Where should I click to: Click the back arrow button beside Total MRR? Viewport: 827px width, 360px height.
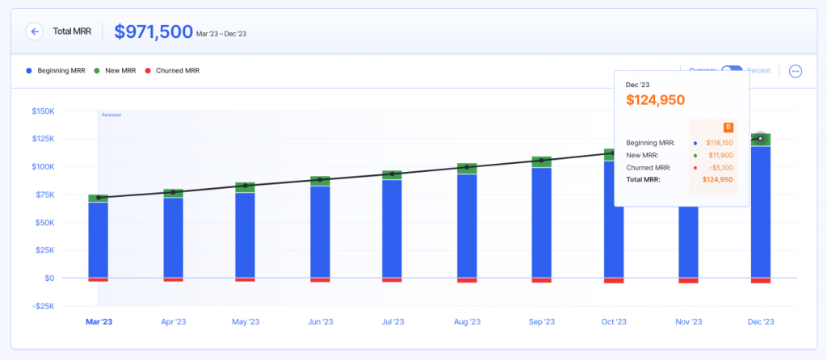(x=34, y=31)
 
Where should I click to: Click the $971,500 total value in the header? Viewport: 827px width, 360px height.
(x=153, y=31)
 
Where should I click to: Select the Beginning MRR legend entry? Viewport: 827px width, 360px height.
(x=56, y=71)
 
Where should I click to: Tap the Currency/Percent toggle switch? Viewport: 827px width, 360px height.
(x=732, y=71)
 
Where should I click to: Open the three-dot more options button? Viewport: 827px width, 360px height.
(x=796, y=71)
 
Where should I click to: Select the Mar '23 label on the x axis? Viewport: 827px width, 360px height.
(x=99, y=321)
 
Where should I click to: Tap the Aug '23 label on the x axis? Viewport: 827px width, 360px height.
(x=468, y=321)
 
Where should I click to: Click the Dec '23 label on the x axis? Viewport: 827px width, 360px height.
(x=760, y=321)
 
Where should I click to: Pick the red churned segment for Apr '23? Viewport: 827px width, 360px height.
(x=174, y=280)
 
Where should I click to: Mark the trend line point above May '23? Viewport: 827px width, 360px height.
(x=246, y=186)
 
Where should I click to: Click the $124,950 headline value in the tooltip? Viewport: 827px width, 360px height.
(x=655, y=100)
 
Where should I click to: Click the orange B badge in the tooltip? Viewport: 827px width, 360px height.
(x=728, y=127)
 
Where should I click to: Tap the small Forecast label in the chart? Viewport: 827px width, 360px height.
(x=111, y=115)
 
